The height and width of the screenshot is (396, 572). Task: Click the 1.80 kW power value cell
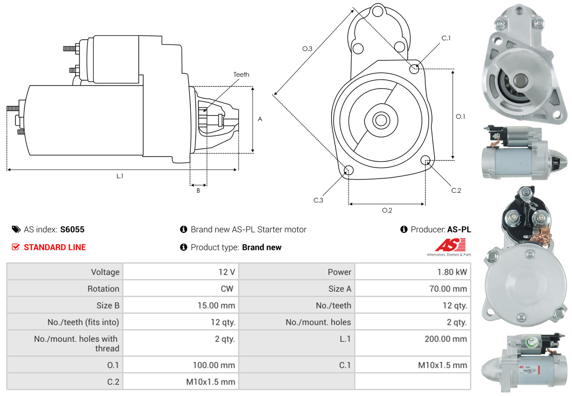(x=452, y=272)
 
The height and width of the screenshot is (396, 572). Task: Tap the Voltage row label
(x=105, y=272)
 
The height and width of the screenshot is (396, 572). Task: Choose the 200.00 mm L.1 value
(x=447, y=339)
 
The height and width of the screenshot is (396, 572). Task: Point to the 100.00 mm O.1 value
(x=214, y=365)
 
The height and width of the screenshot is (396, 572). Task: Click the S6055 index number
(x=72, y=229)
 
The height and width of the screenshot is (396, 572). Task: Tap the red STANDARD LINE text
(x=55, y=247)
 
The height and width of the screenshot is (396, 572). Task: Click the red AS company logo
(x=450, y=245)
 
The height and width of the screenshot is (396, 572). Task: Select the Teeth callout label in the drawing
(x=241, y=75)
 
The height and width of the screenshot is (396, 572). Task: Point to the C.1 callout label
(x=446, y=38)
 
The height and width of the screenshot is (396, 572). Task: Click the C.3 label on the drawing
(x=318, y=200)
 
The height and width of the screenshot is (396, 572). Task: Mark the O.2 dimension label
(x=387, y=210)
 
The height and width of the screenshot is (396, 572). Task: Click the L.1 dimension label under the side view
(x=120, y=176)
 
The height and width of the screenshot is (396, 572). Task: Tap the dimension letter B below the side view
(x=198, y=191)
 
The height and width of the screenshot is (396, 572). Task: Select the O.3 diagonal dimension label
(x=307, y=49)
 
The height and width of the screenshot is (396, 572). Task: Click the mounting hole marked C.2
(x=426, y=160)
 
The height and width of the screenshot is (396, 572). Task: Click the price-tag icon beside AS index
(x=16, y=229)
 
